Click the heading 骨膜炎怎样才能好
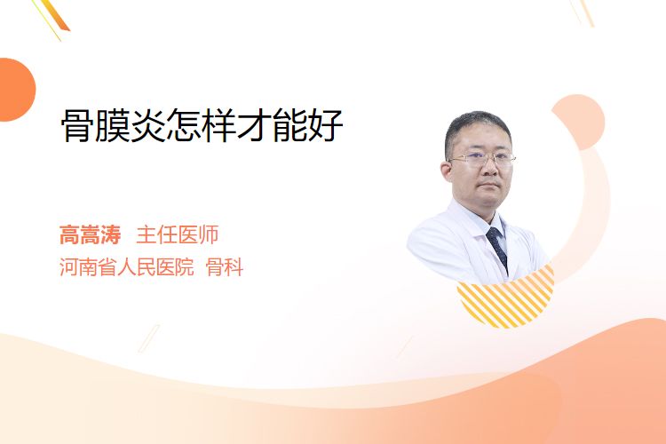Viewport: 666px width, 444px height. pyautogui.click(x=202, y=125)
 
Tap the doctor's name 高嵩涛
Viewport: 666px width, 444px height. pyautogui.click(x=90, y=235)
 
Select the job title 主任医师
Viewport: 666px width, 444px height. pyautogui.click(x=178, y=235)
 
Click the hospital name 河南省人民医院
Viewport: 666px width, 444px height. pyautogui.click(x=127, y=267)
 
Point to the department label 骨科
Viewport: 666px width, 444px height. pyautogui.click(x=225, y=267)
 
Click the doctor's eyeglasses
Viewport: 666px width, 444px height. pyautogui.click(x=482, y=159)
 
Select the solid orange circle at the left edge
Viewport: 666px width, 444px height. pyautogui.click(x=16, y=90)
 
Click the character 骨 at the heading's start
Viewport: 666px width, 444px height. pyautogui.click(x=78, y=125)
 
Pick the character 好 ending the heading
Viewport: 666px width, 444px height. pyautogui.click(x=326, y=125)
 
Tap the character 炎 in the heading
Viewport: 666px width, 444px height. pyautogui.click(x=147, y=125)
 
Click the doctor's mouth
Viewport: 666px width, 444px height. pyautogui.click(x=489, y=186)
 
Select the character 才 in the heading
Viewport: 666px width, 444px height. pyautogui.click(x=255, y=125)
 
